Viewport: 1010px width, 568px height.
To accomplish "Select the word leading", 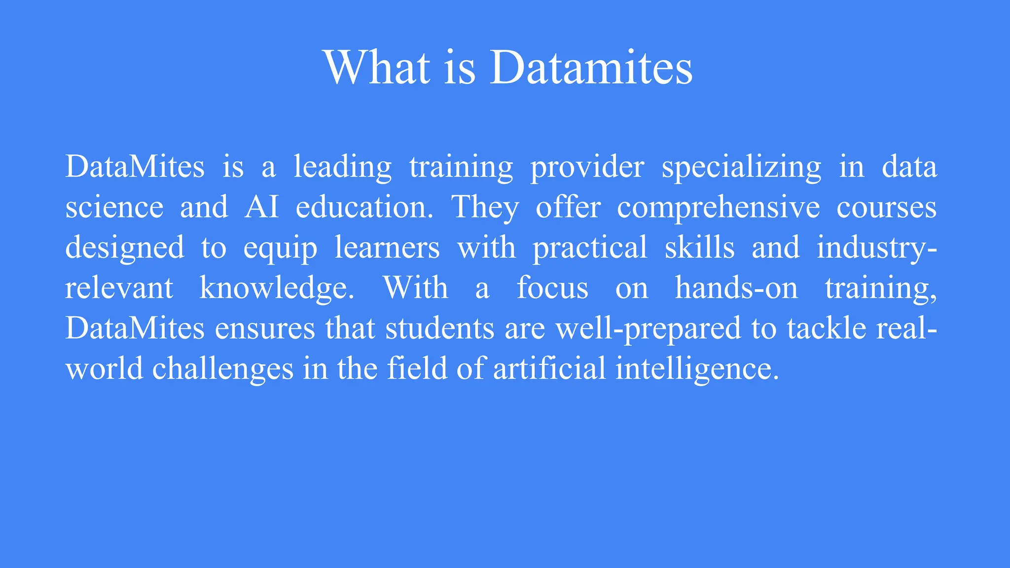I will point(343,167).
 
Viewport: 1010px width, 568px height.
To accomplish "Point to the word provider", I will point(587,167).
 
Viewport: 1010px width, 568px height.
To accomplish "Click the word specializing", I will point(741,167).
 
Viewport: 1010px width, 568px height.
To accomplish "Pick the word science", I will point(114,207).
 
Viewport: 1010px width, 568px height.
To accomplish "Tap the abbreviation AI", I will point(261,207).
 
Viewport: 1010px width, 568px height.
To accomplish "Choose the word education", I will point(364,207).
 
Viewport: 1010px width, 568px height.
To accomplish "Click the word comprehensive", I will point(718,207).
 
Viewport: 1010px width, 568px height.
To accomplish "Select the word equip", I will point(280,248).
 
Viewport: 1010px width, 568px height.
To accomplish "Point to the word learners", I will point(387,248).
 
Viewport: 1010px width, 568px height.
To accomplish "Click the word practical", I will point(590,248).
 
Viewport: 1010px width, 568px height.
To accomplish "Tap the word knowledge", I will point(277,288).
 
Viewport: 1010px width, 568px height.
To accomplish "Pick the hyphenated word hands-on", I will point(736,288).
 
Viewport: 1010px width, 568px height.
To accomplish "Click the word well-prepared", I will point(648,328).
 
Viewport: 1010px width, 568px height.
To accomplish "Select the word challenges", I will point(222,369).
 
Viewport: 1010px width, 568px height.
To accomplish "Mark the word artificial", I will point(549,369).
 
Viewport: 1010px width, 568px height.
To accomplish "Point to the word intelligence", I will point(697,369).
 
